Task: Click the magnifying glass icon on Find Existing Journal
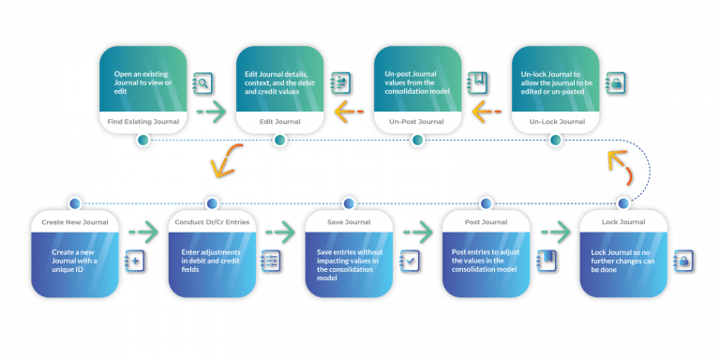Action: click(202, 84)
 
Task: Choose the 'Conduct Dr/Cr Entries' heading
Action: click(211, 222)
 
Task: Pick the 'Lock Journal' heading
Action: click(623, 222)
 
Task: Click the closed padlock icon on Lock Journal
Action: click(683, 260)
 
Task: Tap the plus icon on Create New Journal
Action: click(133, 260)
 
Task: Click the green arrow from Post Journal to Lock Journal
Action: click(554, 232)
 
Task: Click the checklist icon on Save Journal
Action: click(409, 260)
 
